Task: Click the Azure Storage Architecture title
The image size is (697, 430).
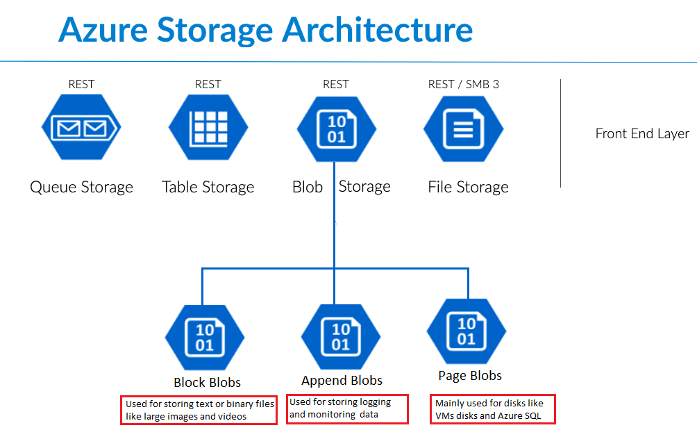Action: (265, 29)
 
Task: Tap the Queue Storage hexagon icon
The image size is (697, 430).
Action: (81, 128)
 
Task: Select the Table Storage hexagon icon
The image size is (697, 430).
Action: (208, 128)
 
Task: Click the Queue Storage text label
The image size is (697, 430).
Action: (81, 187)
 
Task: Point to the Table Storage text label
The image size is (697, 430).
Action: (208, 187)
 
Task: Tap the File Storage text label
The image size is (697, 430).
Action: (468, 187)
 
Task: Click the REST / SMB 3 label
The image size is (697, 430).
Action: (463, 84)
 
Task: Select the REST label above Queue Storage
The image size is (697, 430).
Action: (81, 84)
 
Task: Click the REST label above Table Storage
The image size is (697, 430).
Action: (208, 84)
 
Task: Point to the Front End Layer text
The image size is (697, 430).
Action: (642, 134)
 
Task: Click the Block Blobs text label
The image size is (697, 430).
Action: (207, 382)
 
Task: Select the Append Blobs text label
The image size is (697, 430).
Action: (342, 380)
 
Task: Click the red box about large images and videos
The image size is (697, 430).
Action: (200, 410)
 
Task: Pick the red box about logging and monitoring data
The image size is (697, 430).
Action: (347, 408)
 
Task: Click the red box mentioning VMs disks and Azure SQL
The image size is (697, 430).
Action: (493, 409)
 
